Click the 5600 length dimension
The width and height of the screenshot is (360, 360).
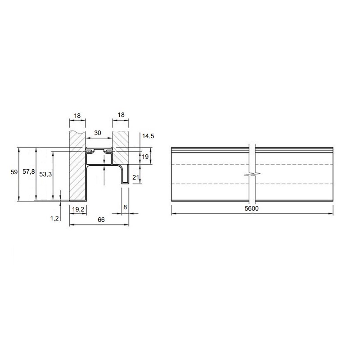252,208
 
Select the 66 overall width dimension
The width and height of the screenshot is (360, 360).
101,220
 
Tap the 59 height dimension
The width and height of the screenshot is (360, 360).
14,172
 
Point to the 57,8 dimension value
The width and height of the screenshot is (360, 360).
29,171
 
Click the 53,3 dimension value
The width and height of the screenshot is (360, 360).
45,174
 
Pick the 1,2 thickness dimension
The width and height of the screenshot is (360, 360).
54,218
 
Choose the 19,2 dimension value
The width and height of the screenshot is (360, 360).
78,209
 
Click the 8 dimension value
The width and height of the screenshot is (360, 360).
125,207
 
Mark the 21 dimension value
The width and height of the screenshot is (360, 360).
136,177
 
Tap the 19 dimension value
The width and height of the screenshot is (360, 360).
145,157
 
